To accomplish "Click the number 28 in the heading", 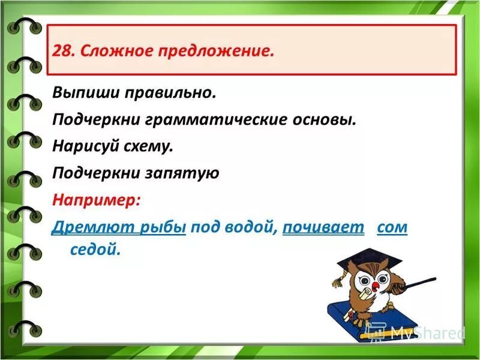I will (60, 50).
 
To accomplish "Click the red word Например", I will (96, 200).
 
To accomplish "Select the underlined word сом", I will (392, 227).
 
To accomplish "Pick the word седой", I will (95, 250).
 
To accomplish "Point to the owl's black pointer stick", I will (420, 281).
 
